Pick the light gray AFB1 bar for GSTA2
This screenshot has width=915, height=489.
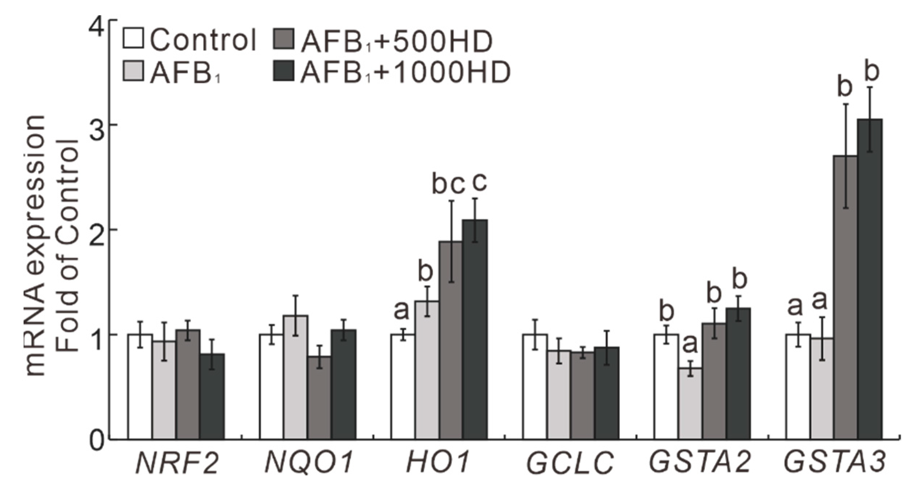coord(690,404)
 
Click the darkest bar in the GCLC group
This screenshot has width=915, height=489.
coord(607,393)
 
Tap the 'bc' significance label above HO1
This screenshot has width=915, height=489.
coord(448,185)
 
